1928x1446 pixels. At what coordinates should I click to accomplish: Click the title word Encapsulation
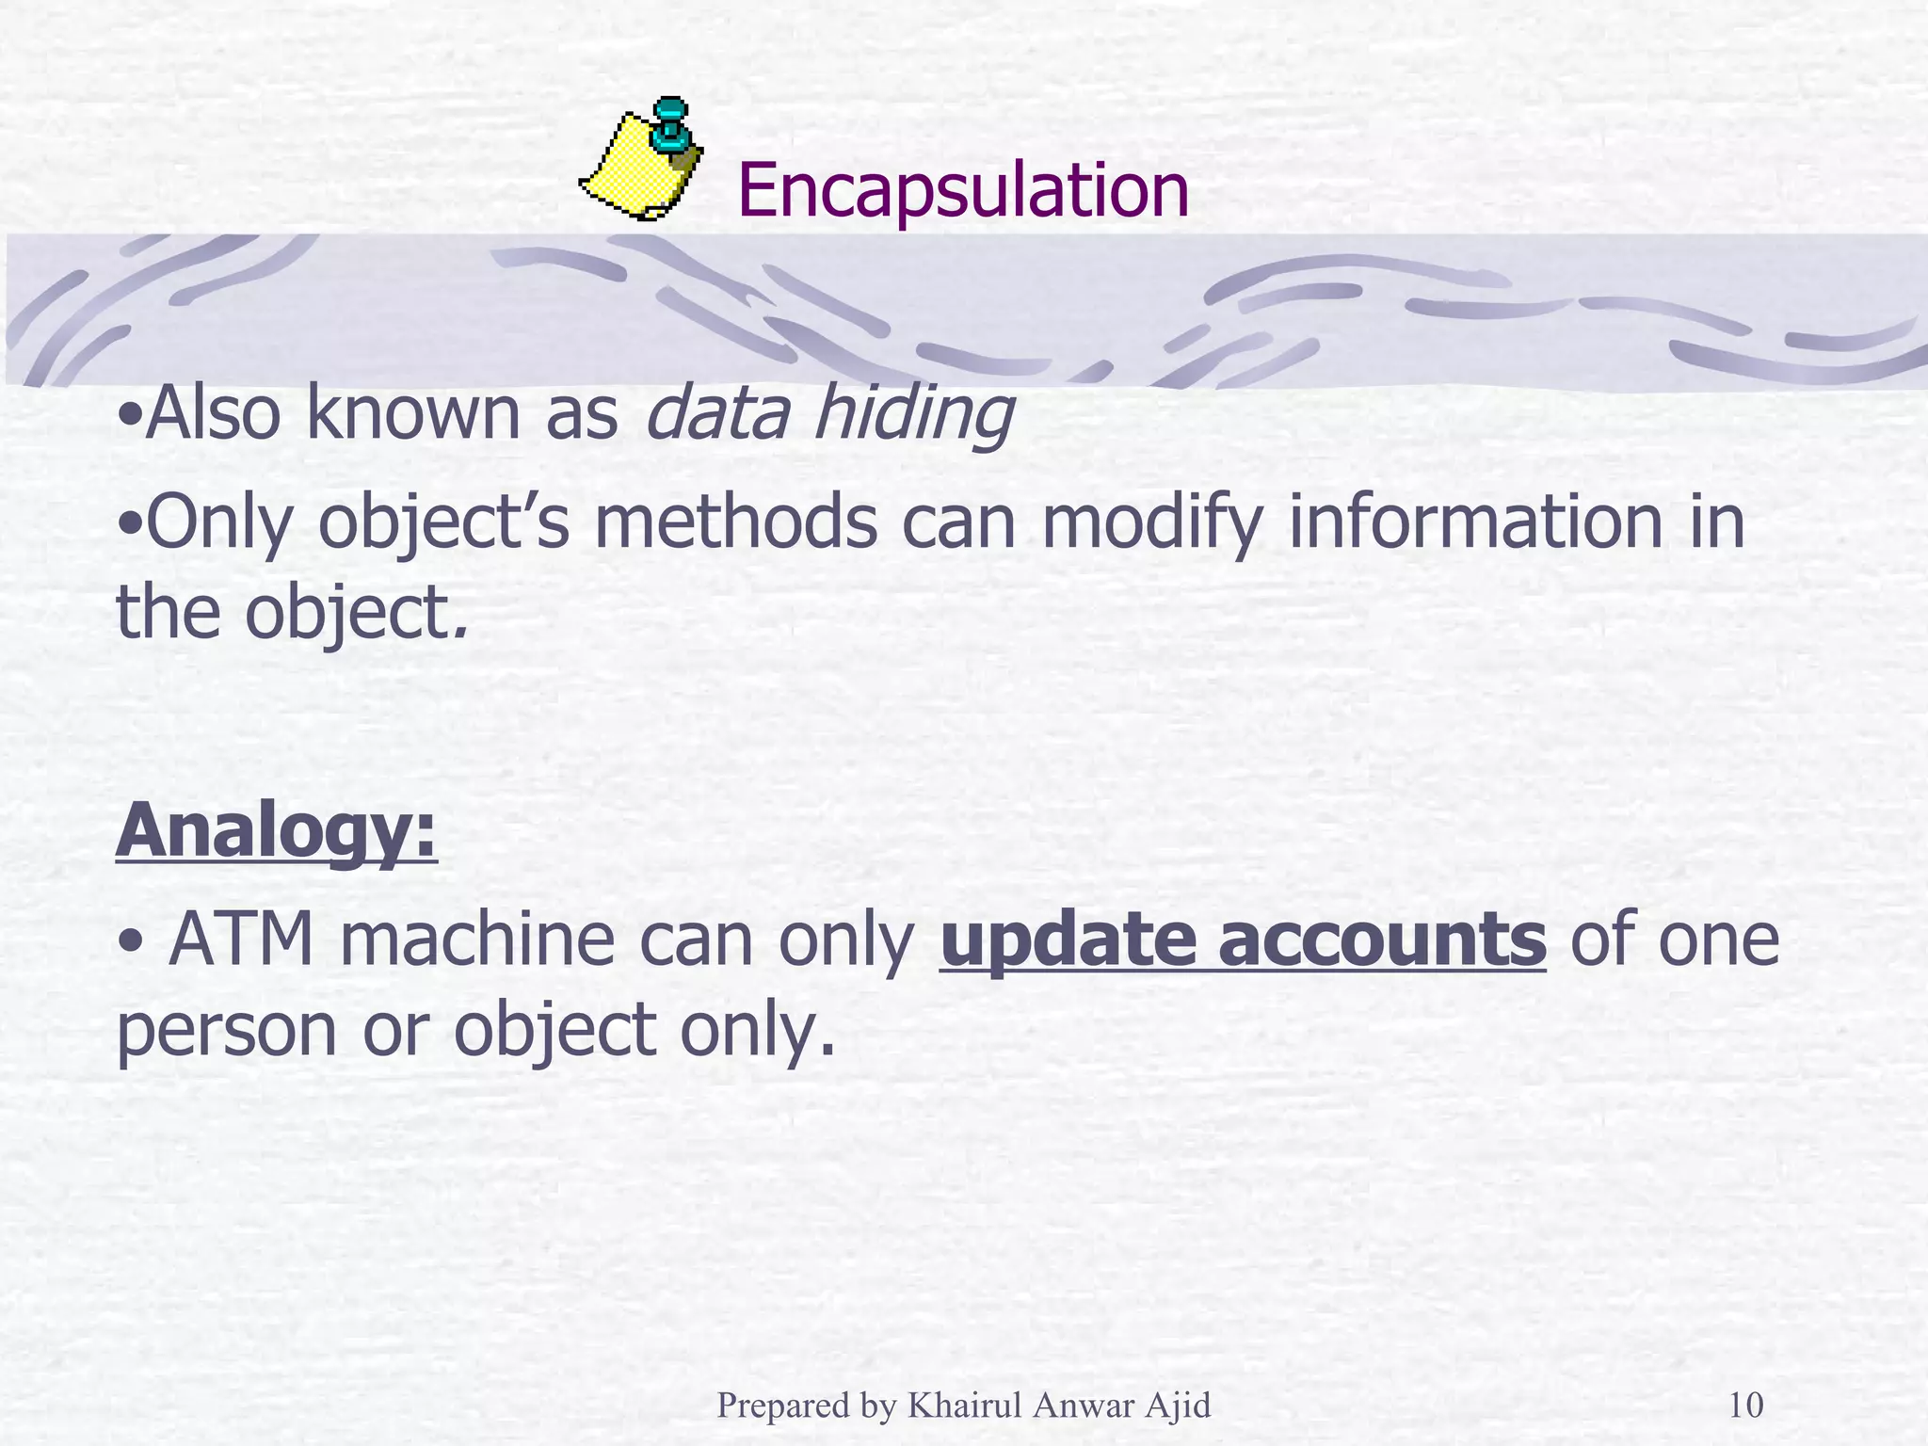963,192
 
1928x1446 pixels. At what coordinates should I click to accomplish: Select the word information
1475,523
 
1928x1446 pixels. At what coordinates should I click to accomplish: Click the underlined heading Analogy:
277,832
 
